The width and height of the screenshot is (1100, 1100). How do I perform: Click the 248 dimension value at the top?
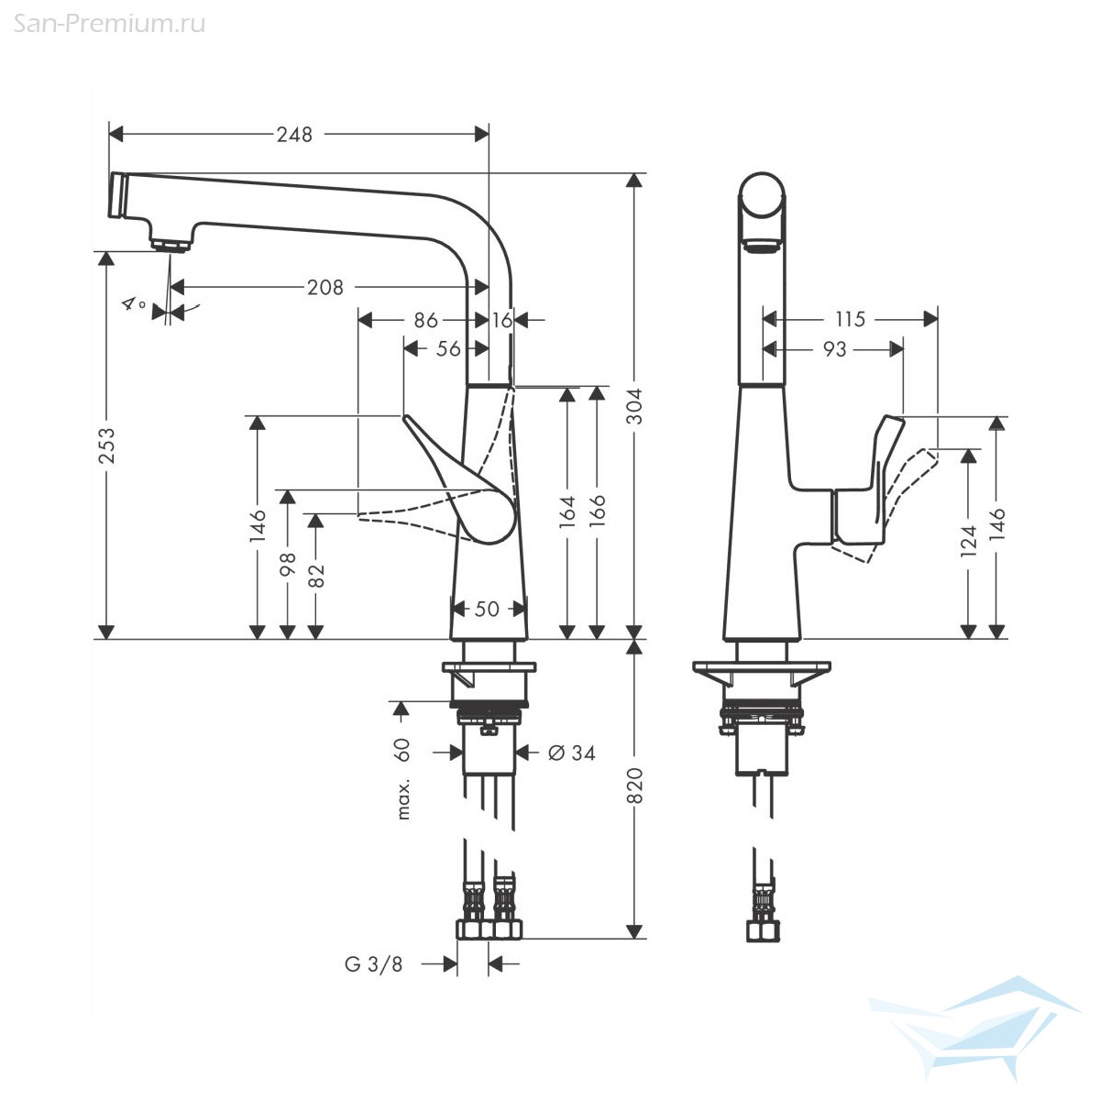point(294,135)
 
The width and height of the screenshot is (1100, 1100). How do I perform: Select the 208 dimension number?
point(325,287)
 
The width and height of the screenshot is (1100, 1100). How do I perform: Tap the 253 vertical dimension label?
point(106,445)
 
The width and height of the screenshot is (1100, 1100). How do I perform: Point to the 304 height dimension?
point(634,406)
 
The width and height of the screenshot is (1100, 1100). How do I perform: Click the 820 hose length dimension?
point(634,786)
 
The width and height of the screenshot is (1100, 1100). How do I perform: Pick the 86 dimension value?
point(426,320)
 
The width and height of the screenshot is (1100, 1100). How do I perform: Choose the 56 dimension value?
point(448,348)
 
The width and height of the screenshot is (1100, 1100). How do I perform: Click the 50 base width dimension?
point(487,609)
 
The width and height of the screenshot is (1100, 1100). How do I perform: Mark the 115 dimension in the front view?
point(850,319)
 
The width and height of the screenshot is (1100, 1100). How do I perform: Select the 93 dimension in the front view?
point(834,349)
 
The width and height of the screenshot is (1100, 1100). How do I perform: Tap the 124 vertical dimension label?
point(969,541)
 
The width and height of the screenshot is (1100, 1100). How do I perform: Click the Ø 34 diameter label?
point(571,753)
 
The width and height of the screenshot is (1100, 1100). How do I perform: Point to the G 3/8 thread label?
point(374,964)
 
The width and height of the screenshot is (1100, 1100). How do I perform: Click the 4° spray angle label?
point(134,303)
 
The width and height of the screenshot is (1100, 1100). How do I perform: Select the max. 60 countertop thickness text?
point(403,778)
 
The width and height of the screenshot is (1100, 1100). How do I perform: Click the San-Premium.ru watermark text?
point(109,24)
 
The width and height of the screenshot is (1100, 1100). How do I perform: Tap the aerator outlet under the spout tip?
point(170,245)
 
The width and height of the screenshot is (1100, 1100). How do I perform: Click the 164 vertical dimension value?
point(566,511)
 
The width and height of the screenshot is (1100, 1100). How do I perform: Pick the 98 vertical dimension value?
point(288,564)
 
